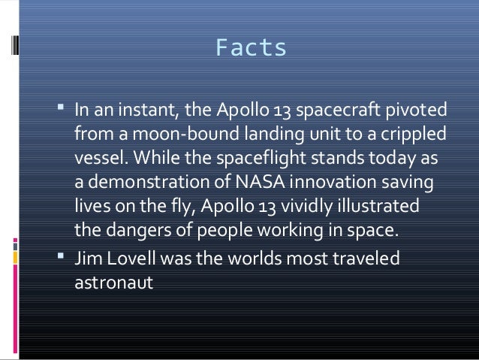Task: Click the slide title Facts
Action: [251, 48]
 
